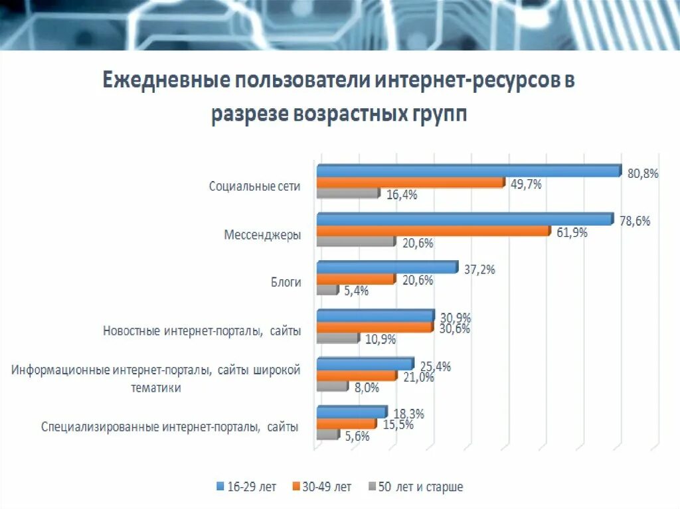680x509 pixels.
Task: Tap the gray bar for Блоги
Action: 327,290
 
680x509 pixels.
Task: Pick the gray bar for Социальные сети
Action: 347,194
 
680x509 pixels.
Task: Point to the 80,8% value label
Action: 642,174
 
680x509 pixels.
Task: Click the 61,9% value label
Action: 571,233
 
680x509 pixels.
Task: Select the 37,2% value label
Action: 479,269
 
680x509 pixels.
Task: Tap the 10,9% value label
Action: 381,339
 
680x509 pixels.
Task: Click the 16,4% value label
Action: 402,194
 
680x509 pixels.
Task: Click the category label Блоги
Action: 286,283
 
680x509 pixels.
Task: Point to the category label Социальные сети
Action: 255,186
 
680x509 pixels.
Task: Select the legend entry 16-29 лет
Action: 247,487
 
